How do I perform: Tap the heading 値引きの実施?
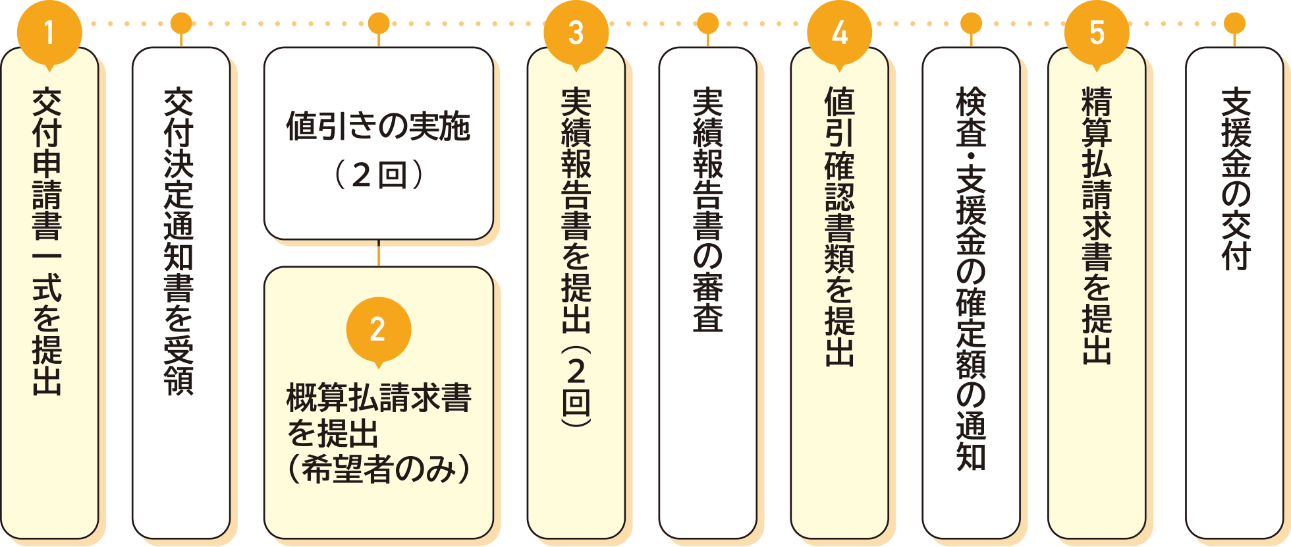[378, 127]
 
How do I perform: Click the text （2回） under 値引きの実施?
[378, 175]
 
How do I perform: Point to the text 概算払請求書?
[378, 398]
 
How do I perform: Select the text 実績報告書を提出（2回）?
[576, 257]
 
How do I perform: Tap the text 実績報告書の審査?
[708, 210]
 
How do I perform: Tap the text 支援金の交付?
[1236, 179]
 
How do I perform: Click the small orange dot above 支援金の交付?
[1234, 24]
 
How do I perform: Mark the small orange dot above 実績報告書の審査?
[707, 24]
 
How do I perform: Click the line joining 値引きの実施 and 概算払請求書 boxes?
[378, 253]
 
